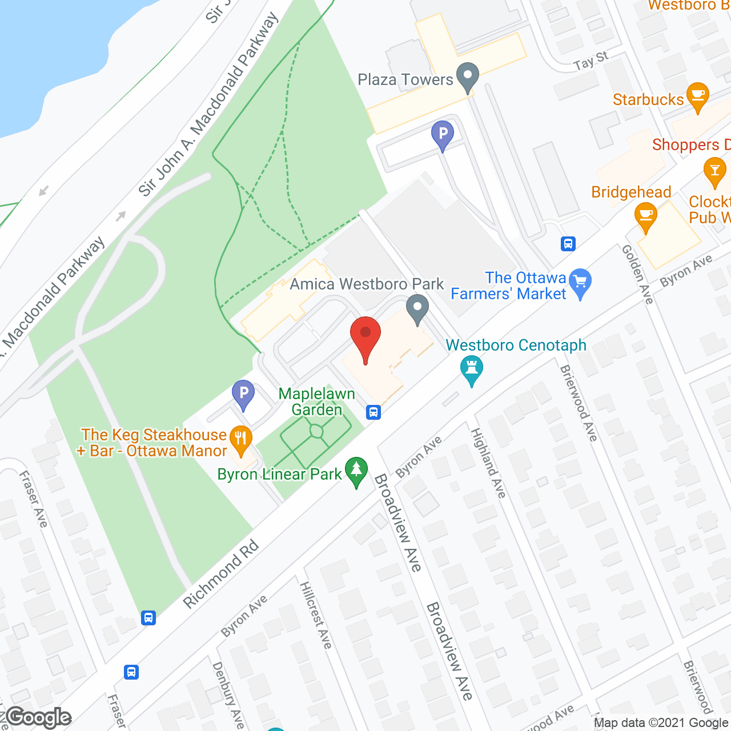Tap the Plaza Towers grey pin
pos(468,77)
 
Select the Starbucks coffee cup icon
pos(697,95)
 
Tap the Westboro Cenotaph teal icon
pos(472,369)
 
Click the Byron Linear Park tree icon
pos(357,471)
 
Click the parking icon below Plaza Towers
pos(443,135)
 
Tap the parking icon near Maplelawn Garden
pos(243,393)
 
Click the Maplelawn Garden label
pos(317,401)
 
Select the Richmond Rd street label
pos(221,575)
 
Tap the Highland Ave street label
pos(488,463)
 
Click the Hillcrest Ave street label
pos(316,615)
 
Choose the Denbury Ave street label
pos(228,695)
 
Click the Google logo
pos(38,717)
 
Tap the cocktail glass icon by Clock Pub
pos(714,171)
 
